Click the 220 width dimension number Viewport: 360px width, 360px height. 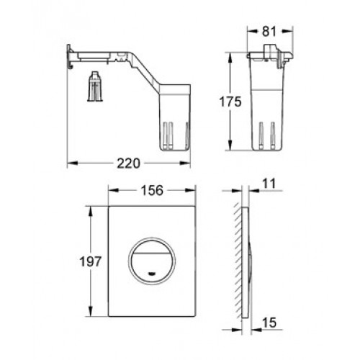coord(128,163)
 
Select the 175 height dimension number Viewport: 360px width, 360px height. coord(230,102)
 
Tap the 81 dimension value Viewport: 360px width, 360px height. coord(269,32)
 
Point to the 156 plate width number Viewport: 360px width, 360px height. coord(152,191)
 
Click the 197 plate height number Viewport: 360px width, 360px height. coord(91,261)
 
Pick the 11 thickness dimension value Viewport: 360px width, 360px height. coord(269,184)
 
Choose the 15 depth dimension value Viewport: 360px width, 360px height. coord(269,323)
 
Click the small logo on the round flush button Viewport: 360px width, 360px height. coord(152,274)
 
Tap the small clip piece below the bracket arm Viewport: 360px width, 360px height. coord(95,86)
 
